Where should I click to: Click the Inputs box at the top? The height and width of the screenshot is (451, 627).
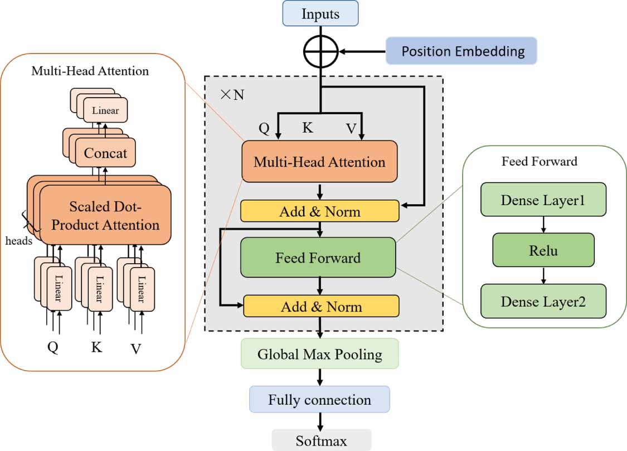tap(320, 13)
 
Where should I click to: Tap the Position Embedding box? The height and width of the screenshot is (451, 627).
tap(463, 52)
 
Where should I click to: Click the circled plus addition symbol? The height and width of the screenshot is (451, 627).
tap(320, 52)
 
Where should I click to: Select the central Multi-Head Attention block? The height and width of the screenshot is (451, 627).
tap(319, 162)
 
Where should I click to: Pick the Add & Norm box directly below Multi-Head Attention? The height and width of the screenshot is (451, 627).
tap(320, 211)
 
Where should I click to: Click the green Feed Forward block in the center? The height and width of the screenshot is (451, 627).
tap(318, 258)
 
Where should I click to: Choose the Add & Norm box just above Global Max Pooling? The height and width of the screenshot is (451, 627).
tap(321, 306)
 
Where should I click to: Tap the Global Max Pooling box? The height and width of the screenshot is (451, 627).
tap(320, 354)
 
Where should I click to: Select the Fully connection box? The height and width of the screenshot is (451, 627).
tap(319, 399)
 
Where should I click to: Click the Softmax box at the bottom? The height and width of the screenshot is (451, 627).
tap(321, 440)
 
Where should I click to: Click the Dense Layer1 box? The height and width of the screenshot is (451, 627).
tap(543, 200)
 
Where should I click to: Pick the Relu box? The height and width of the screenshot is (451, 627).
tap(543, 250)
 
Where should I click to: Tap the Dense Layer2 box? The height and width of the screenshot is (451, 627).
tap(543, 301)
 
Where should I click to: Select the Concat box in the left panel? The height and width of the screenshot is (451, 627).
tap(105, 153)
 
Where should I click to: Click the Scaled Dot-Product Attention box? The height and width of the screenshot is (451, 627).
tap(105, 216)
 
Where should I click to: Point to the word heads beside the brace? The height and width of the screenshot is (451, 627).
tap(19, 241)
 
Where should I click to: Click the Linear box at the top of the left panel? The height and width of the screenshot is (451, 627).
tap(105, 110)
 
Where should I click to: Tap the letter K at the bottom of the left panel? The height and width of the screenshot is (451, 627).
tap(96, 347)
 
